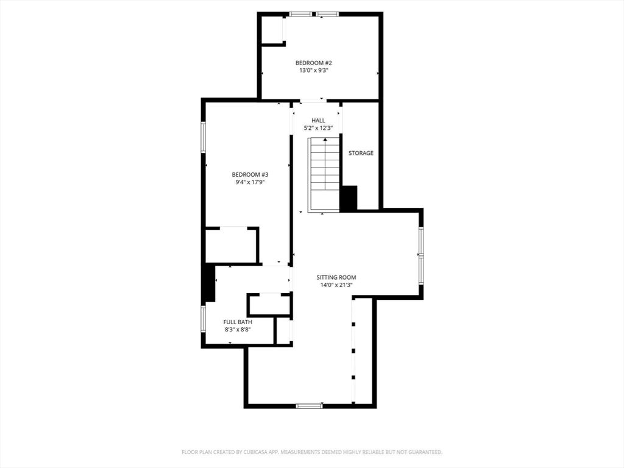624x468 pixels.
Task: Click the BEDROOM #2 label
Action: pos(313,63)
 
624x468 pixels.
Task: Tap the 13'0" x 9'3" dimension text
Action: pos(313,71)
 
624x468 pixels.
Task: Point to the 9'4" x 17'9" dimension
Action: pos(250,182)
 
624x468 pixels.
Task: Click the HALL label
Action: pos(318,121)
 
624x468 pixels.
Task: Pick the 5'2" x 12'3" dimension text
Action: pos(318,129)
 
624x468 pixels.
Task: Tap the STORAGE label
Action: pos(361,153)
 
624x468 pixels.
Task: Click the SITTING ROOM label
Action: pos(336,277)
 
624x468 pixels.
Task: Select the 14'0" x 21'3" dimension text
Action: pos(336,285)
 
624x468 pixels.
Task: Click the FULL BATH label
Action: pos(238,322)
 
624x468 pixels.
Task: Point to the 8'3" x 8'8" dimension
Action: pos(238,330)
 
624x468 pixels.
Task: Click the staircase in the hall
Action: pos(324,174)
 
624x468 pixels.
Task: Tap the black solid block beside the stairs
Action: pos(348,199)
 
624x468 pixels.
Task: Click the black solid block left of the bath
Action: pos(208,282)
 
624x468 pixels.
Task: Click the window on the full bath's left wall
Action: pos(204,319)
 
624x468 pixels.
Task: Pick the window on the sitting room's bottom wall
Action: pos(309,405)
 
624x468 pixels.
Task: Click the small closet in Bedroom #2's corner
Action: pos(272,30)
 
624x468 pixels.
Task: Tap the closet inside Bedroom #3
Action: pos(231,245)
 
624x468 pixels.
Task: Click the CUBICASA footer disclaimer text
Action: pos(312,452)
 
